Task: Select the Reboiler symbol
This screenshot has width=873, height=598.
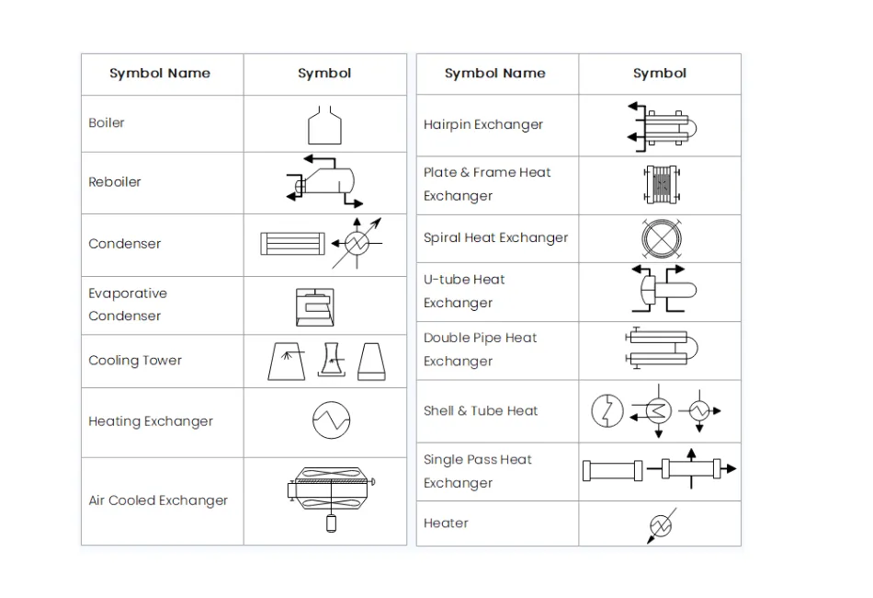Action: [323, 182]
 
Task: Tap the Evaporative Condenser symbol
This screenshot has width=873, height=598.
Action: [314, 307]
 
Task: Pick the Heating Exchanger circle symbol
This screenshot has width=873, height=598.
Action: [332, 420]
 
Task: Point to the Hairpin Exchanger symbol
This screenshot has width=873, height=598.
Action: [661, 126]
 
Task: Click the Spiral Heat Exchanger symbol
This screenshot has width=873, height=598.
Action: [660, 238]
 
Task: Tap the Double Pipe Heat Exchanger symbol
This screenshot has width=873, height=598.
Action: [662, 350]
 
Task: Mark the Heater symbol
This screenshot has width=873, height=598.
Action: [661, 525]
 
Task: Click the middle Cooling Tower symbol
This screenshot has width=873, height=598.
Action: [333, 361]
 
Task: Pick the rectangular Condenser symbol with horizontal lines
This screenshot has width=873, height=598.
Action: [291, 244]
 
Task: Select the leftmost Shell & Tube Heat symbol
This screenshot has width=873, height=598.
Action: [607, 410]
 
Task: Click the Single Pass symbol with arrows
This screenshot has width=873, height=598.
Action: [697, 469]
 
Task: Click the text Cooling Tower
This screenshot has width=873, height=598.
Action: [135, 361]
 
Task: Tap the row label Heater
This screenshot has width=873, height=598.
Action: [446, 523]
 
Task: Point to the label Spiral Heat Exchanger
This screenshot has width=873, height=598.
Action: [495, 238]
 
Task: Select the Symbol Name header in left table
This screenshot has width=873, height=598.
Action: [160, 74]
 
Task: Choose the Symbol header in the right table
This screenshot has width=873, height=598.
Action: [659, 74]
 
